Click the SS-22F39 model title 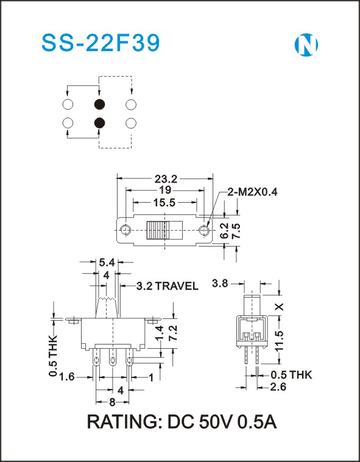pyautogui.click(x=101, y=43)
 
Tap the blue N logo pyautogui.click(x=306, y=45)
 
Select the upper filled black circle pyautogui.click(x=99, y=104)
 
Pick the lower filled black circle pyautogui.click(x=99, y=123)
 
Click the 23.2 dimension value pyautogui.click(x=166, y=178)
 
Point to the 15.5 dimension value pyautogui.click(x=164, y=203)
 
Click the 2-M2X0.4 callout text pyautogui.click(x=252, y=192)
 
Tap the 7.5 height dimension pyautogui.click(x=236, y=231)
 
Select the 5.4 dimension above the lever pyautogui.click(x=107, y=262)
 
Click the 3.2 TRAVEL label pyautogui.click(x=167, y=286)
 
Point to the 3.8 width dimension pyautogui.click(x=220, y=284)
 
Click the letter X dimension pyautogui.click(x=279, y=307)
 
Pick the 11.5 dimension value pyautogui.click(x=279, y=341)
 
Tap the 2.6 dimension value pyautogui.click(x=278, y=387)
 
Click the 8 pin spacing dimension pyautogui.click(x=112, y=402)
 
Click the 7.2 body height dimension pyautogui.click(x=173, y=333)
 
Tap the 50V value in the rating pyautogui.click(x=217, y=422)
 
